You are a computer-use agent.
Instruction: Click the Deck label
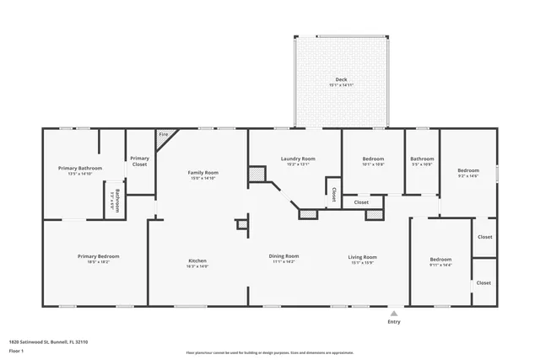[x=341, y=80]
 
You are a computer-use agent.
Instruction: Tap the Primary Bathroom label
[x=80, y=168]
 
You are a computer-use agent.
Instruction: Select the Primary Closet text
[x=139, y=160]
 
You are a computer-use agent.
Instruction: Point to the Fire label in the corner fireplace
[x=163, y=135]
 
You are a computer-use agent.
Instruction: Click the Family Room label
[x=203, y=172]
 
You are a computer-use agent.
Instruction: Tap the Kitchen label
[x=197, y=261]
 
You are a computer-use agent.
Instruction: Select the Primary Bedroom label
[x=98, y=256]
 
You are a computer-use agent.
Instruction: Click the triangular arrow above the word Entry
[x=393, y=313]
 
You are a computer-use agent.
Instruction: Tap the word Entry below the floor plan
[x=393, y=322]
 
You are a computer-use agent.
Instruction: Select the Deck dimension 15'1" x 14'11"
[x=341, y=86]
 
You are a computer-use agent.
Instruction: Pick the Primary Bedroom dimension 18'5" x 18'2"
[x=98, y=262]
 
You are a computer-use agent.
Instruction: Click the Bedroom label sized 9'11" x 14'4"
[x=440, y=260]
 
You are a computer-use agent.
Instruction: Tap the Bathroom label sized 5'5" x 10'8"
[x=422, y=159]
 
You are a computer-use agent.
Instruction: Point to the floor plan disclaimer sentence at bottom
[x=270, y=352]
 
